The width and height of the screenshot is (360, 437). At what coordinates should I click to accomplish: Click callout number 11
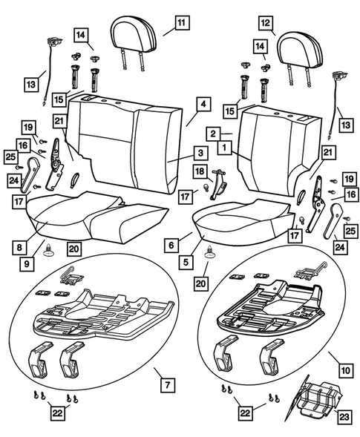pos(180,22)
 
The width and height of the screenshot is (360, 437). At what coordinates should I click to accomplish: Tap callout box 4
pos(203,105)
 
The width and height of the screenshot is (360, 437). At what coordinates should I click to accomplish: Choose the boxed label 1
pos(223,147)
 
